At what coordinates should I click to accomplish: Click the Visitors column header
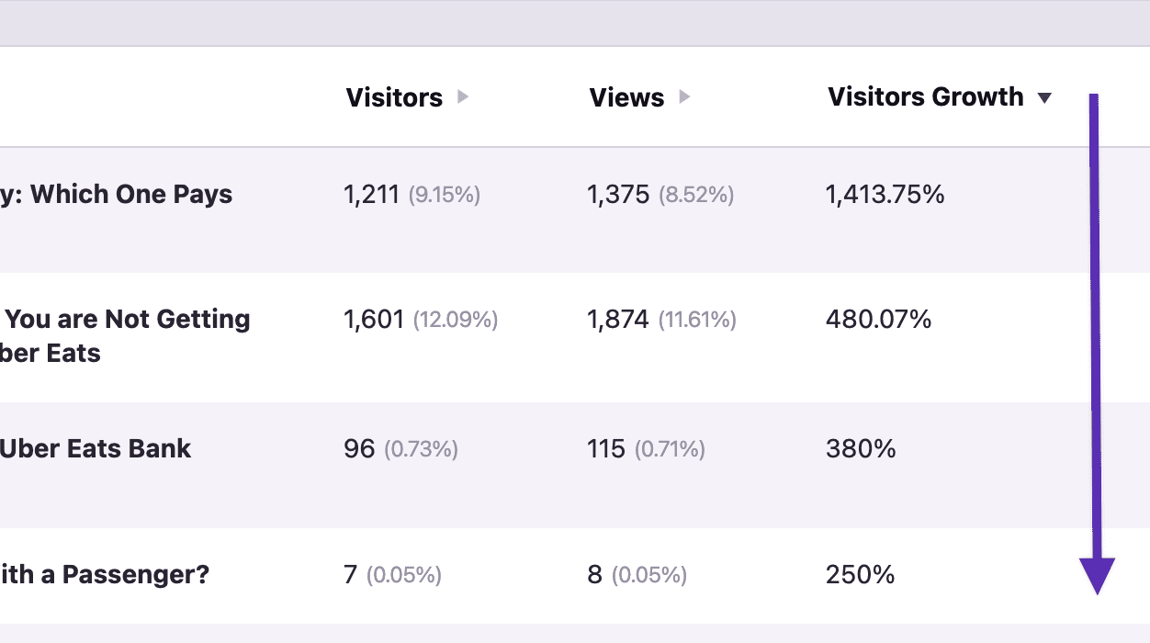pos(394,98)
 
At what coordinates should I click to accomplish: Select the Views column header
pos(626,98)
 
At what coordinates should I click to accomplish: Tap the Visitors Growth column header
pos(925,97)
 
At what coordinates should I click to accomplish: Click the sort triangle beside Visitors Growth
pos(1044,98)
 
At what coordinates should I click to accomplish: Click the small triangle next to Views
pos(684,97)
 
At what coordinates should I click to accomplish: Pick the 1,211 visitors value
pos(371,195)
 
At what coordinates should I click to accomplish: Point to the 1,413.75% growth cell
pos(885,195)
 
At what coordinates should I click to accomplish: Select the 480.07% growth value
pos(878,320)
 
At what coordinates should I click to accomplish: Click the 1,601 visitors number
pos(374,320)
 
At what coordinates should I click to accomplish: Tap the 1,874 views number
pos(617,320)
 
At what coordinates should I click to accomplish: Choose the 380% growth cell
pos(861,449)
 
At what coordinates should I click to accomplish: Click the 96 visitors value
pos(359,449)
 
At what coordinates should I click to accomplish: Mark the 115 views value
pos(606,449)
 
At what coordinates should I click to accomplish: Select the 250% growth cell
pos(860,575)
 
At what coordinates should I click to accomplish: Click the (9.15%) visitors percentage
pos(445,196)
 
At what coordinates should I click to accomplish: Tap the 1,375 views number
pos(617,195)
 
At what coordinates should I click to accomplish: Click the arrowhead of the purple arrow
pos(1097,575)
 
